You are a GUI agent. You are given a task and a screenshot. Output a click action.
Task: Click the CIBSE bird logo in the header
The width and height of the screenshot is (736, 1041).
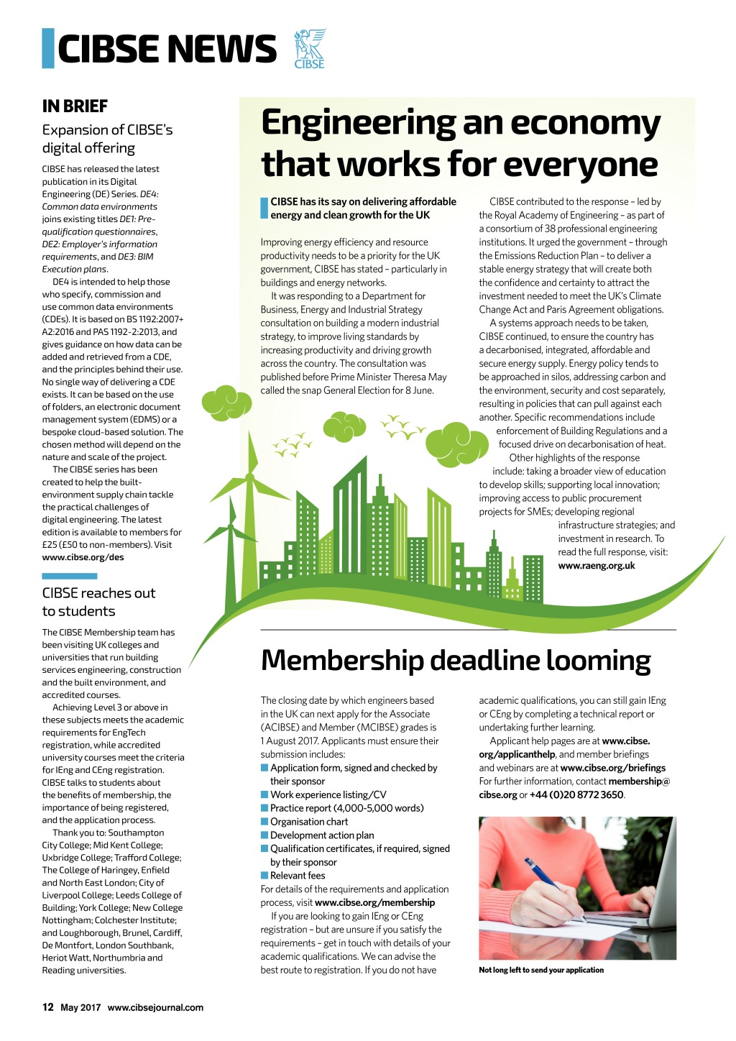[310, 48]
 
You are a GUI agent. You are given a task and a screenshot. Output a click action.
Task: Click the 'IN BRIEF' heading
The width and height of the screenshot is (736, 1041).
[75, 106]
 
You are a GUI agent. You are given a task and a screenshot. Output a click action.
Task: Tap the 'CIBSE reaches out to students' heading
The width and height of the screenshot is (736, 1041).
[98, 602]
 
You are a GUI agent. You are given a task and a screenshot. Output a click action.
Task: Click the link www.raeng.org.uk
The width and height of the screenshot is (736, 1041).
[597, 566]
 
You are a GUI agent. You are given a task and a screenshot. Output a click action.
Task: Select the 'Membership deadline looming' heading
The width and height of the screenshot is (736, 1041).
[456, 661]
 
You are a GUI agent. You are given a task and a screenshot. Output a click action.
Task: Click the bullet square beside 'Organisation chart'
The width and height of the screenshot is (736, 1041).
[264, 822]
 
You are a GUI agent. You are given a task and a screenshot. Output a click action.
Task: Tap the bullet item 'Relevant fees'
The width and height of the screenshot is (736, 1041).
[298, 876]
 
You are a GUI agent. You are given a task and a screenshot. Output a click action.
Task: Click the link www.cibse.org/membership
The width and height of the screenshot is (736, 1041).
[374, 903]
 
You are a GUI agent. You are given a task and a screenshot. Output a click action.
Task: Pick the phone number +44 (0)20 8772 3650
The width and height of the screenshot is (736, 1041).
[576, 795]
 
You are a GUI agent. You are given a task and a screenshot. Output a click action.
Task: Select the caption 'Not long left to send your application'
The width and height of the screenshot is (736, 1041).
[541, 971]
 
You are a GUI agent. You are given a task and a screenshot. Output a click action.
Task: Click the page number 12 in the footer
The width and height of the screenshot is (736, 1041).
[48, 1007]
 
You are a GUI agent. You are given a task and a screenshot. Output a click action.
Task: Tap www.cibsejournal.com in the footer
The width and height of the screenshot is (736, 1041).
[155, 1008]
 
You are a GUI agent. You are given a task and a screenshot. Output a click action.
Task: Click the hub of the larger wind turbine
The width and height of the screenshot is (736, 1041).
[249, 477]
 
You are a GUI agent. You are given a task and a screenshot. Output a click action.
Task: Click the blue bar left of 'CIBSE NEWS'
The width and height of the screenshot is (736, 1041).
[48, 48]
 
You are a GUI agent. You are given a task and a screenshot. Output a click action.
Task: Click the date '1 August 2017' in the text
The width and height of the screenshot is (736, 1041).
[290, 741]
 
